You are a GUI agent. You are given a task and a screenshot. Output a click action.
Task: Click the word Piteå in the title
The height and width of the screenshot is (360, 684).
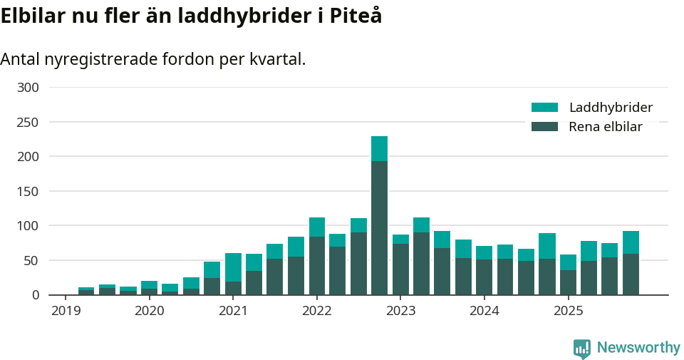(356, 16)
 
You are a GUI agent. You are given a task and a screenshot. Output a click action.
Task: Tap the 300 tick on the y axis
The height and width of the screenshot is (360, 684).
(28, 88)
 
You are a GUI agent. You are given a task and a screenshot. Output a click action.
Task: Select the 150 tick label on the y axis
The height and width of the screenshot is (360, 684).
(28, 191)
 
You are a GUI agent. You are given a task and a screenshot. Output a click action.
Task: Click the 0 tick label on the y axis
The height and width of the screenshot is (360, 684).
(34, 294)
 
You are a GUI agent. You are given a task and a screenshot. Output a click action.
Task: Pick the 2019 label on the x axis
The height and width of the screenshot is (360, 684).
(66, 311)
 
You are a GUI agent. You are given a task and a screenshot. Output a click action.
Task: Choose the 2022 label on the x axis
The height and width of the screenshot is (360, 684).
(316, 311)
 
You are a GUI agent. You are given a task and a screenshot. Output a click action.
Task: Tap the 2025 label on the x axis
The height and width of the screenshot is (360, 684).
(568, 311)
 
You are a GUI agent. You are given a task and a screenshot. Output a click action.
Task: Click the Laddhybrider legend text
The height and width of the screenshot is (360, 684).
(611, 108)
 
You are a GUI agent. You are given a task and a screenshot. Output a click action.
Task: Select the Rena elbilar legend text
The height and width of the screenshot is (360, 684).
(605, 127)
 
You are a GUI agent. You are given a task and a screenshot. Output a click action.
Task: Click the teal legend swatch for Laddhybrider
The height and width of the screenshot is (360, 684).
(544, 108)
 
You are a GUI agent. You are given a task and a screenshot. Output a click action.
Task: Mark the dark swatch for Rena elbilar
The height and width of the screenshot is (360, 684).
(544, 127)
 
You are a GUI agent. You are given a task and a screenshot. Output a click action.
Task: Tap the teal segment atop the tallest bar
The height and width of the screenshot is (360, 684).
(379, 148)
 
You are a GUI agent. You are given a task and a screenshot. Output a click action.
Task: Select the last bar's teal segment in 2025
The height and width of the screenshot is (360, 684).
(631, 242)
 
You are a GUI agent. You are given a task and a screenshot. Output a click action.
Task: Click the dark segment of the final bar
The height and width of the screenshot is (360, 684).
(631, 274)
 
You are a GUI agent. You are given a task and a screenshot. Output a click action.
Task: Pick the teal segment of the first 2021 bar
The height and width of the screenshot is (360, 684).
(233, 267)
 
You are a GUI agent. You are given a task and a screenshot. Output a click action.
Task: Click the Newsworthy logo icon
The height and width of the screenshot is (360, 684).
(581, 348)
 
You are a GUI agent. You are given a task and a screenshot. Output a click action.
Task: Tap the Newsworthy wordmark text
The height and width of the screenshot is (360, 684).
(638, 348)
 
